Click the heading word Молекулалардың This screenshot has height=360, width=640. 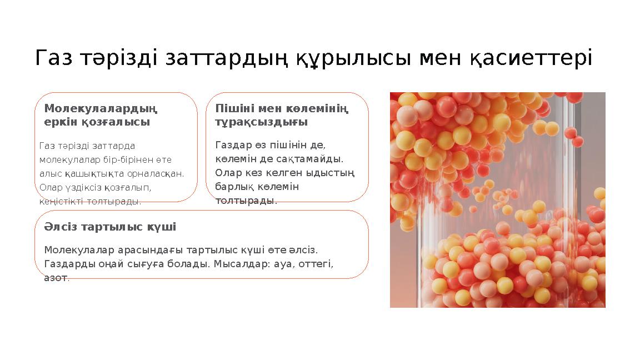(x=101, y=108)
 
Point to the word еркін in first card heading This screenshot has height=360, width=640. (x=61, y=122)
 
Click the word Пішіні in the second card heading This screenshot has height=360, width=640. (x=234, y=108)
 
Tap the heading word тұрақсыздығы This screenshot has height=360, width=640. (x=261, y=122)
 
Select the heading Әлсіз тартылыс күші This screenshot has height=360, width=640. (x=110, y=227)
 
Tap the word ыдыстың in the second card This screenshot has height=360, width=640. (x=335, y=173)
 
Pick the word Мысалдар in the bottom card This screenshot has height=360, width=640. (x=239, y=264)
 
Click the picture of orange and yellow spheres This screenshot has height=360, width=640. (x=497, y=199)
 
